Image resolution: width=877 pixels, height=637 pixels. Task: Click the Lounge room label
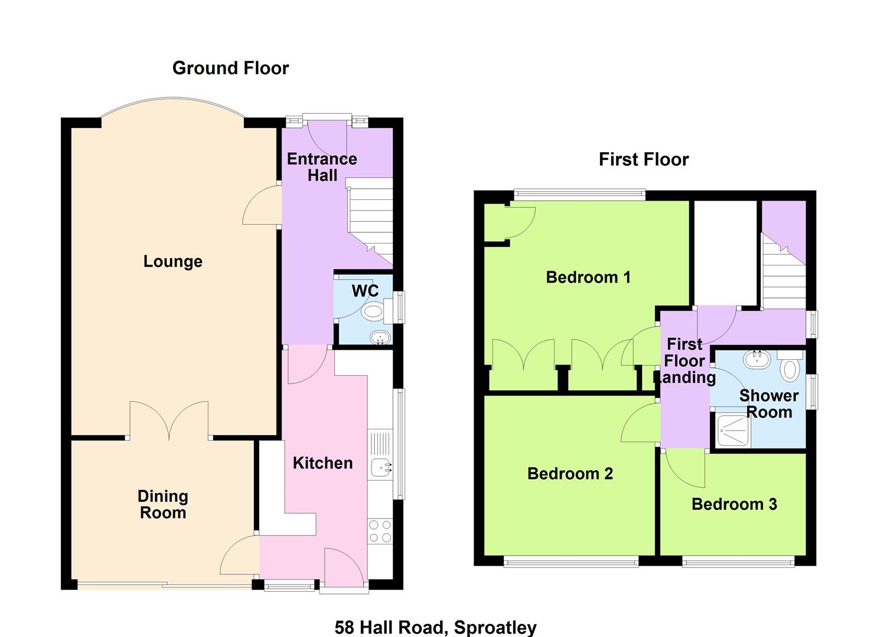pyautogui.click(x=172, y=261)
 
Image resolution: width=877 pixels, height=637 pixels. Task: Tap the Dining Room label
pyautogui.click(x=162, y=504)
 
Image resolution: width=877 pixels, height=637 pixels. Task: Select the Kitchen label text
pyautogui.click(x=322, y=463)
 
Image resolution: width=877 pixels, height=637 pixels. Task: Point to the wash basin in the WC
pyautogui.click(x=380, y=338)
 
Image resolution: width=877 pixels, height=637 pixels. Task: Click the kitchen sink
pyautogui.click(x=380, y=468)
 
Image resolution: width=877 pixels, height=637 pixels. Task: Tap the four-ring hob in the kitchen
pyautogui.click(x=379, y=531)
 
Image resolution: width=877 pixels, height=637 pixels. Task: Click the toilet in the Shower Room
pyautogui.click(x=790, y=368)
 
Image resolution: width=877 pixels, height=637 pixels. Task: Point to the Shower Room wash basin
pyautogui.click(x=756, y=359)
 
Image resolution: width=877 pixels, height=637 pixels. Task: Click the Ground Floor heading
pyautogui.click(x=230, y=68)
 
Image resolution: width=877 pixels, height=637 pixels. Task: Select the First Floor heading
pyautogui.click(x=643, y=159)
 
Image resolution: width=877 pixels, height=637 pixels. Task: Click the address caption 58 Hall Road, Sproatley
pyautogui.click(x=435, y=627)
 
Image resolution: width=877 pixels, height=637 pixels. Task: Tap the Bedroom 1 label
pyautogui.click(x=588, y=277)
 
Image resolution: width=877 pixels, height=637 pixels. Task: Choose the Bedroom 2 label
pyautogui.click(x=570, y=473)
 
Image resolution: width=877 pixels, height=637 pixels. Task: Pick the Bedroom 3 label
pyautogui.click(x=733, y=504)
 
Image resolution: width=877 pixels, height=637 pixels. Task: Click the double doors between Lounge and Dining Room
pyautogui.click(x=169, y=420)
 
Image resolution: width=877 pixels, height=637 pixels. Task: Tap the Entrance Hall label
pyautogui.click(x=322, y=167)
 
